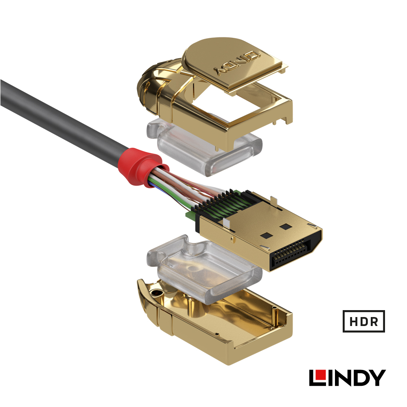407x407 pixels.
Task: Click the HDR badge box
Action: [x=363, y=321]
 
